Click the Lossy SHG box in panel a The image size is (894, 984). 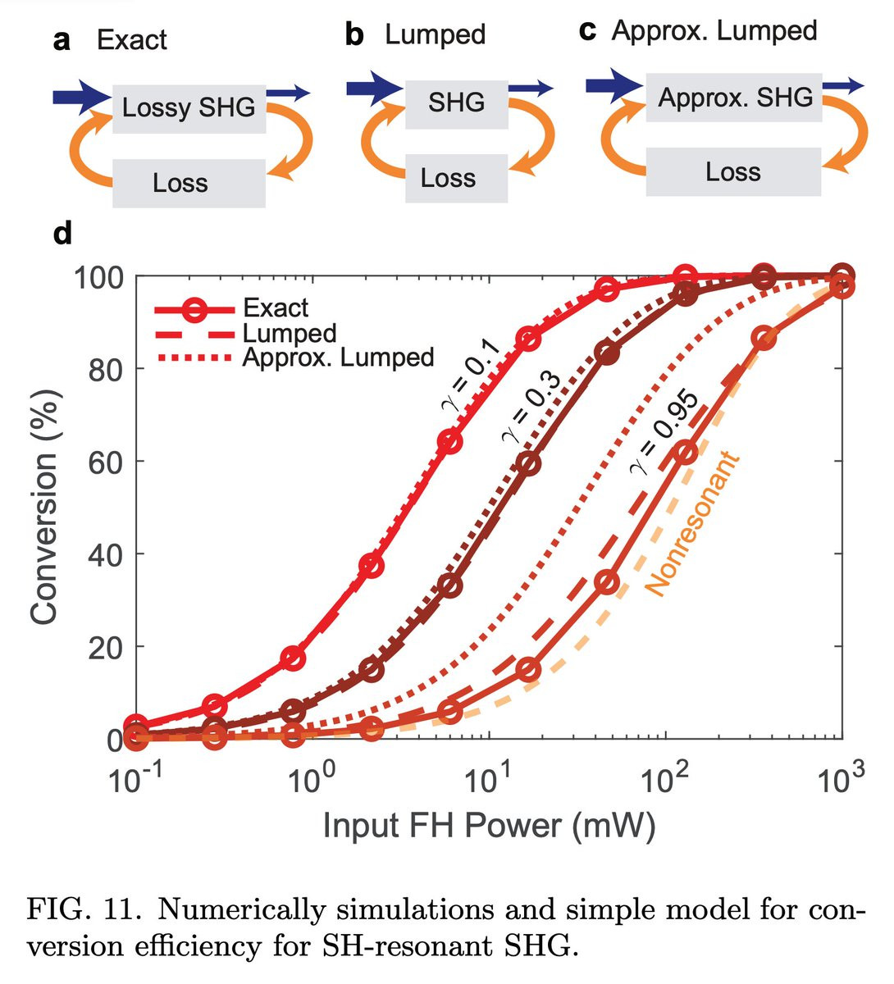pos(189,107)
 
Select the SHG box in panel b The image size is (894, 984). pos(456,102)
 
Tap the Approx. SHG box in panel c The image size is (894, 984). pos(735,98)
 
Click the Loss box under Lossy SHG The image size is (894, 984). pos(180,183)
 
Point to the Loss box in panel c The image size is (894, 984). pos(733,172)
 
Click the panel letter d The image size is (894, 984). pos(62,235)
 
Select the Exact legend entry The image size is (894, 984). pos(276,308)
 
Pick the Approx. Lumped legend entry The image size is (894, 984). pos(338,358)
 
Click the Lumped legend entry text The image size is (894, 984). pos(290,333)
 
